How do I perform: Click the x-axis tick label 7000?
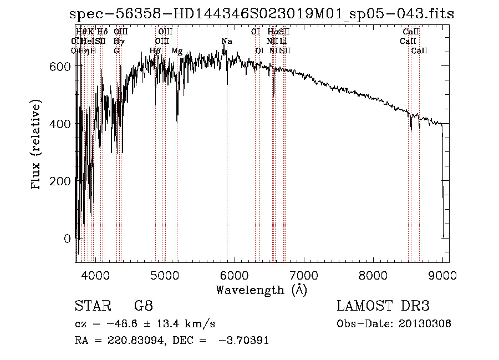click(303, 275)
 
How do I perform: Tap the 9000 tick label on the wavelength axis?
click(442, 275)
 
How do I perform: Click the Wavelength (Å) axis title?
click(261, 290)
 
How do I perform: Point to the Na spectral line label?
click(227, 41)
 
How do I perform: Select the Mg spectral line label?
click(177, 51)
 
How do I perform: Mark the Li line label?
click(283, 41)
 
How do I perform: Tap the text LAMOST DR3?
click(383, 306)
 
